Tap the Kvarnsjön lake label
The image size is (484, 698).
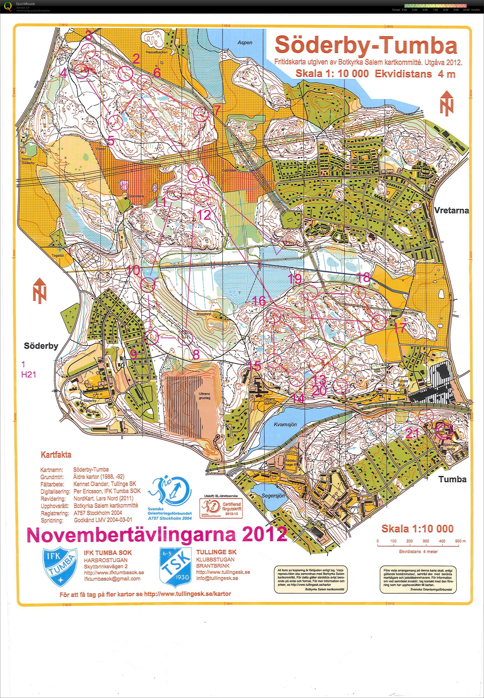[285, 425]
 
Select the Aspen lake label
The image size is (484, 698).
[245, 42]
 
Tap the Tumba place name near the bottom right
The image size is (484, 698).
[452, 479]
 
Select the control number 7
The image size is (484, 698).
[217, 110]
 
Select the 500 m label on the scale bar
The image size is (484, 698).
[460, 541]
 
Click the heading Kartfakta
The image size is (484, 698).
[56, 455]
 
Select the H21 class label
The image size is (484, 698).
[29, 375]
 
